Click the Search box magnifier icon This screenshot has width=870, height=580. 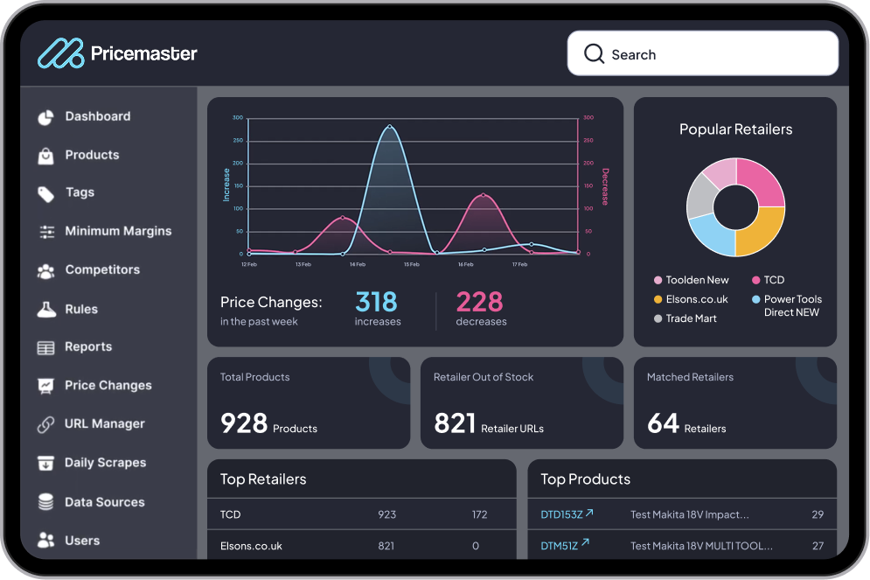coord(594,54)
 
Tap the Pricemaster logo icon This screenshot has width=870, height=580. coord(60,53)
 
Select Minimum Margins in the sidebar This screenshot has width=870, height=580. coord(117,231)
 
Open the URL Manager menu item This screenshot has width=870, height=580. coord(104,423)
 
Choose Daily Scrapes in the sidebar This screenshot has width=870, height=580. coord(105,463)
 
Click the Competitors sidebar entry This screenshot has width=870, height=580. coord(102,269)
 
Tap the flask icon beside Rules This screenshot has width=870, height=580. coord(46,309)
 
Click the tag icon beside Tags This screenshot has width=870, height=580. coord(46,193)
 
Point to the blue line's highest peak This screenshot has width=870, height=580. coord(389,126)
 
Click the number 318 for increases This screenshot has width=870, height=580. coord(376,302)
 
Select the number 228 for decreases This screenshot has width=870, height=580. coord(479,302)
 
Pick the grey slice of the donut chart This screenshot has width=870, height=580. coord(700,197)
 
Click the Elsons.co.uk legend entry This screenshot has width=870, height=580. coord(696,299)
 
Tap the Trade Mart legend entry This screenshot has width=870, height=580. coord(691,318)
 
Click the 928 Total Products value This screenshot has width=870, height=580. coord(244,423)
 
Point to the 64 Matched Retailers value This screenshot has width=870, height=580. coord(663,423)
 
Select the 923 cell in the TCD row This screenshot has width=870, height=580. coord(386,514)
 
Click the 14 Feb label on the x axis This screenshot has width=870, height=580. coord(357,263)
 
